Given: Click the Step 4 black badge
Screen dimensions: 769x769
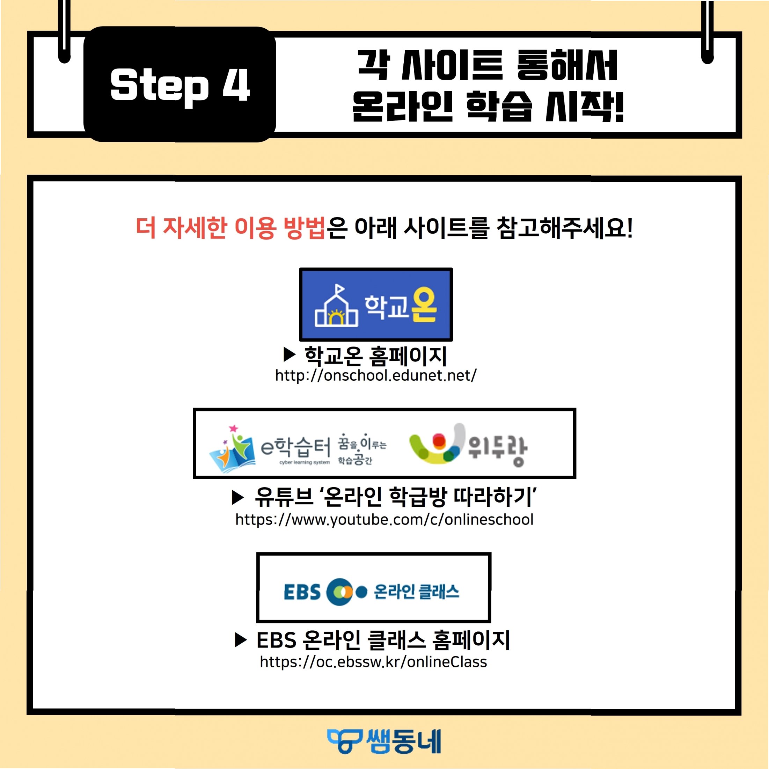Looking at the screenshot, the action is pyautogui.click(x=180, y=85).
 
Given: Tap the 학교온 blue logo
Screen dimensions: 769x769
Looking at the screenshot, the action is pyautogui.click(x=376, y=305).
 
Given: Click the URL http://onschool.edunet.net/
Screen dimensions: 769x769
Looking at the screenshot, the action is pyautogui.click(x=376, y=375).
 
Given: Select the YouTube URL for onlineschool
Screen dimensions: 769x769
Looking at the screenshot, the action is pyautogui.click(x=384, y=519).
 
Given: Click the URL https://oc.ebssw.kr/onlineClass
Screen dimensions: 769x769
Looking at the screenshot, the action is pyautogui.click(x=373, y=661).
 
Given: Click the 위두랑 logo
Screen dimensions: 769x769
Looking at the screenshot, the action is pyautogui.click(x=468, y=445).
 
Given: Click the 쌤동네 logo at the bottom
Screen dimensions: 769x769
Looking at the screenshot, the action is pyautogui.click(x=384, y=741).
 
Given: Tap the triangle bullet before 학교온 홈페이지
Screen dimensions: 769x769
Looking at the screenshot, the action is pyautogui.click(x=290, y=354).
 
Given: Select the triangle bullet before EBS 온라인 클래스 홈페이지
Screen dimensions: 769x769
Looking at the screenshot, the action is pyautogui.click(x=241, y=640).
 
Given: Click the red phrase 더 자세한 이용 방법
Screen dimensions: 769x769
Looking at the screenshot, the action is pyautogui.click(x=231, y=228).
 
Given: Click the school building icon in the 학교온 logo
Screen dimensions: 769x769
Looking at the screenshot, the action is pyautogui.click(x=336, y=308).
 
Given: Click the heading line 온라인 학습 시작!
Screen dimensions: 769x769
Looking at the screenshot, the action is pyautogui.click(x=488, y=106).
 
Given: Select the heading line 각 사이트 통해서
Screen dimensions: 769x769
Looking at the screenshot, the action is pyautogui.click(x=488, y=66).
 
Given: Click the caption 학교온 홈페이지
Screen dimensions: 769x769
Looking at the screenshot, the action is pyautogui.click(x=375, y=356).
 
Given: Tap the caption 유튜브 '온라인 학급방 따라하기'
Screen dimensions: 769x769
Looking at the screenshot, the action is pyautogui.click(x=396, y=497).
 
